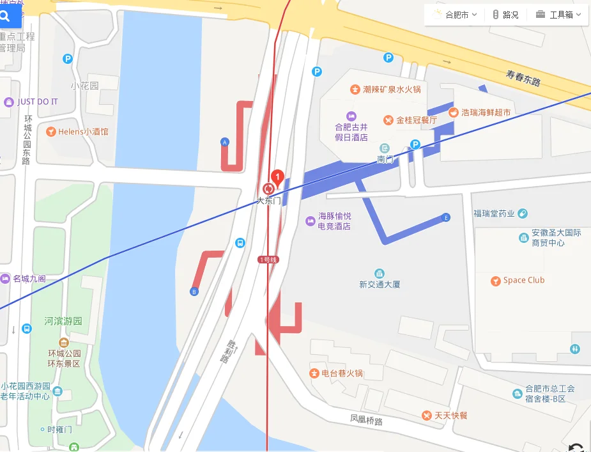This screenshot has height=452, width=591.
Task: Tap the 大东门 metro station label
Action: (x=268, y=200)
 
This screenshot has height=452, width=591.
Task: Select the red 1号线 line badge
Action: (x=268, y=260)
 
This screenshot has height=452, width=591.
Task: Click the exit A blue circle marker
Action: (x=224, y=142)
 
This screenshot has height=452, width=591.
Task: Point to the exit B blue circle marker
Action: (x=194, y=292)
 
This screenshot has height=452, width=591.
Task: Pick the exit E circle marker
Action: (x=446, y=218)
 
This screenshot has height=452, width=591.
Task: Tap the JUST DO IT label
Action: (x=37, y=102)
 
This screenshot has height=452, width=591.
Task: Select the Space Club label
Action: (x=523, y=280)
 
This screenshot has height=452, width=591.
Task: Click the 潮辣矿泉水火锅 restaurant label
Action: (x=392, y=90)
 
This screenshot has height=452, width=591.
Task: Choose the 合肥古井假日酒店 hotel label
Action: (x=351, y=132)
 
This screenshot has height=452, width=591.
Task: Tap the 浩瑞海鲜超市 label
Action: (x=486, y=113)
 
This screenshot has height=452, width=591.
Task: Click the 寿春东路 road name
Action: (x=523, y=78)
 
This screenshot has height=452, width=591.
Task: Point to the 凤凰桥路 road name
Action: (x=366, y=420)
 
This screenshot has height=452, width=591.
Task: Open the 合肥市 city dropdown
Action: (x=456, y=15)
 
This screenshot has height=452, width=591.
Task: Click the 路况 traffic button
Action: (x=505, y=15)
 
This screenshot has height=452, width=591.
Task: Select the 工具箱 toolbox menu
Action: (x=559, y=15)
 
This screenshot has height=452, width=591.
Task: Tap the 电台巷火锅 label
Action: (x=342, y=373)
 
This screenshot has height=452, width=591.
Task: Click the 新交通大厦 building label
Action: (x=380, y=284)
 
